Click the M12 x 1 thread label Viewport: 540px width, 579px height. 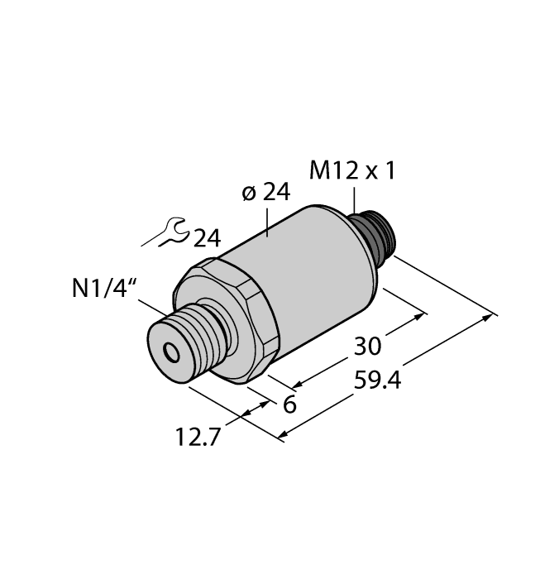353,171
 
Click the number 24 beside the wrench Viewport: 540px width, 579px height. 207,239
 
